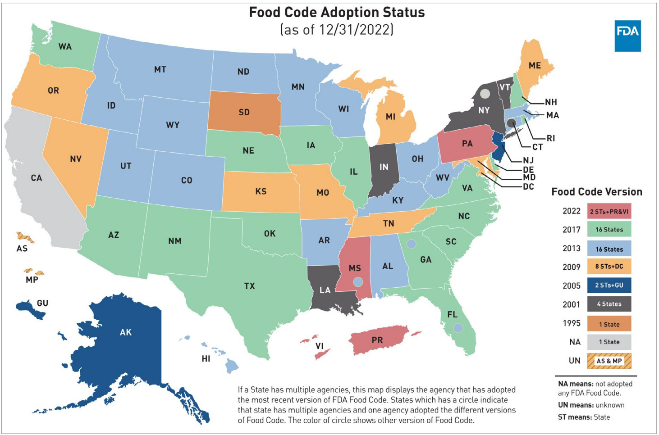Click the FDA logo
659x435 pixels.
click(x=627, y=36)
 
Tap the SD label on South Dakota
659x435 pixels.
click(x=244, y=112)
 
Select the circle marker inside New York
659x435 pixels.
click(x=485, y=94)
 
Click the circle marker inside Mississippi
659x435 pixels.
click(x=358, y=282)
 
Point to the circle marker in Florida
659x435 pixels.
click(x=458, y=328)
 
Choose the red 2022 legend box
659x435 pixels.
click(x=609, y=211)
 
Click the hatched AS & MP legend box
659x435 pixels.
click(x=609, y=361)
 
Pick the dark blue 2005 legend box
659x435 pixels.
click(x=609, y=285)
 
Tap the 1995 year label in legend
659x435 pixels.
click(x=571, y=323)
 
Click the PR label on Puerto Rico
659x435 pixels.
click(x=377, y=340)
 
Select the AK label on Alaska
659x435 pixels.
click(x=126, y=332)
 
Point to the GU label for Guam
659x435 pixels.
click(x=43, y=303)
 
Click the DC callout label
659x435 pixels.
click(x=528, y=186)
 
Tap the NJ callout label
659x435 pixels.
click(x=528, y=160)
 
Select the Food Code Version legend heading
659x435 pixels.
click(x=596, y=192)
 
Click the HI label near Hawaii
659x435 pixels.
click(x=206, y=359)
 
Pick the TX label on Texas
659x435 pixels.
click(x=249, y=286)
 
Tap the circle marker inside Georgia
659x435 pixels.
click(x=411, y=244)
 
